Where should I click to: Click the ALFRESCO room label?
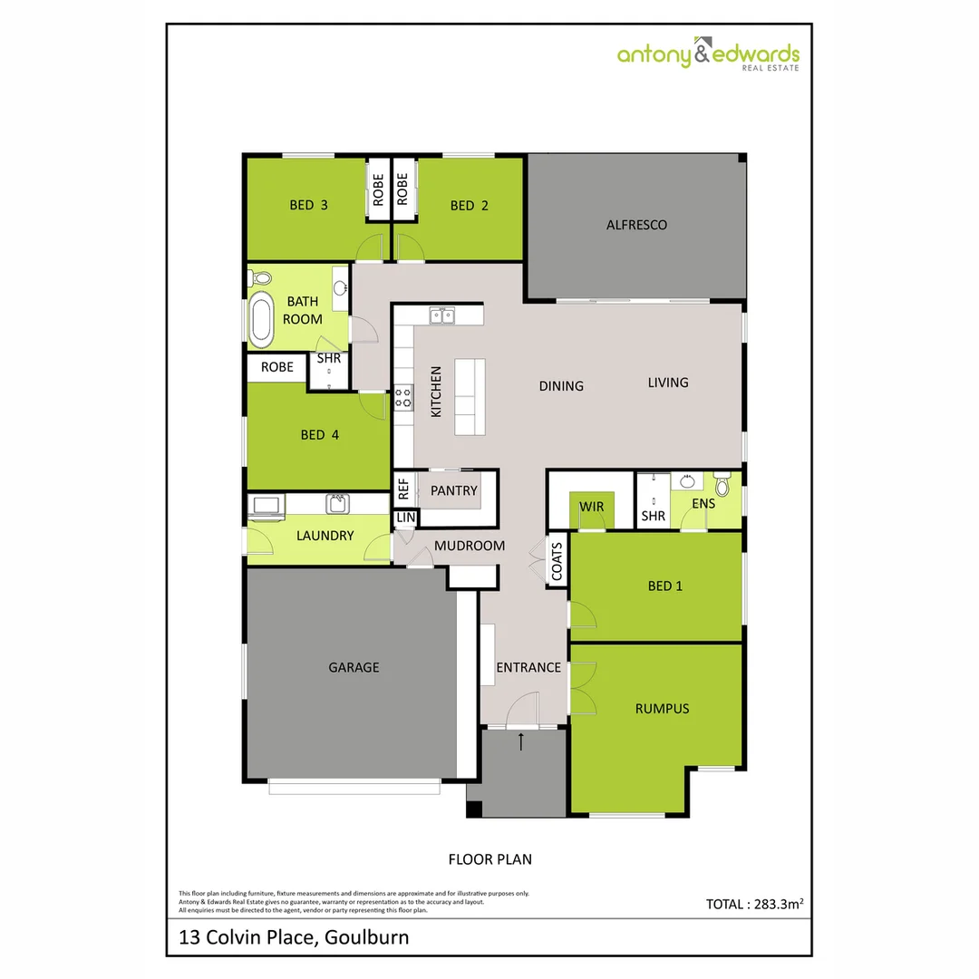pos(636,225)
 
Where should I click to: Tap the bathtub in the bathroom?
pos(262,319)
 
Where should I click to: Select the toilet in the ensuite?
pos(722,485)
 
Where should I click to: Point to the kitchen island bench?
pos(470,397)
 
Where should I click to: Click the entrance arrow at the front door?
pos(521,742)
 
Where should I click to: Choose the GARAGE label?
pos(354,668)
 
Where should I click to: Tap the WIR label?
pos(592,505)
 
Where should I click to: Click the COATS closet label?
pos(557,562)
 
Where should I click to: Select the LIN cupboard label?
pos(404,518)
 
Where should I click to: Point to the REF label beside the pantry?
pos(403,490)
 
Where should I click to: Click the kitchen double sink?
pos(442,315)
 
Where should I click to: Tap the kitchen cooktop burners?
pos(402,397)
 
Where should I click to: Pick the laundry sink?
pos(336,503)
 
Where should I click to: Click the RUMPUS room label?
pos(662,709)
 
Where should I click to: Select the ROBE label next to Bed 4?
pos(276,367)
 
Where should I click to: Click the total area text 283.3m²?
pos(755,904)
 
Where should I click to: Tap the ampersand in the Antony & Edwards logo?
pos(703,54)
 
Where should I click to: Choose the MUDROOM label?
pos(469,546)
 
